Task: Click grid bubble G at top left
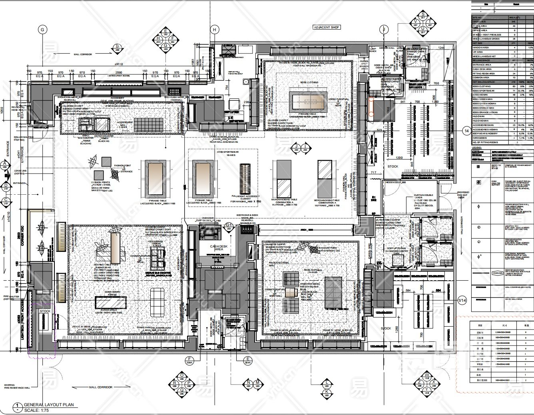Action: click(x=42, y=29)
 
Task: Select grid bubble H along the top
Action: click(x=215, y=30)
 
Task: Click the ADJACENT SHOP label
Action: click(x=327, y=27)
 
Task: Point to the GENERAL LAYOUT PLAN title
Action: click(x=49, y=405)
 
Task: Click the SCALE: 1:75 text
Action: click(x=38, y=410)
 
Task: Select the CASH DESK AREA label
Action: click(x=219, y=248)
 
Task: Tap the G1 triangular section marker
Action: click(x=229, y=225)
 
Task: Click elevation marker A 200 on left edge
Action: click(x=5, y=165)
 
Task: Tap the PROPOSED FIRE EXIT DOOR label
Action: click(x=464, y=194)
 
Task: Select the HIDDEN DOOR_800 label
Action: click(x=396, y=182)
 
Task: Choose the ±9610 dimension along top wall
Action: click(x=119, y=64)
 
